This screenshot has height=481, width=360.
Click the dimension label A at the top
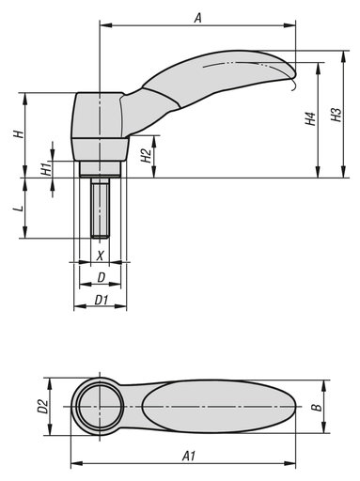click(197, 17)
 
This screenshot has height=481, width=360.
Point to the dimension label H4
click(309, 120)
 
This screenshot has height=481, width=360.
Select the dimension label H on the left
click(17, 134)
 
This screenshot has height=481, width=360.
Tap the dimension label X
click(101, 255)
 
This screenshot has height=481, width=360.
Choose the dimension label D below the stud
click(101, 277)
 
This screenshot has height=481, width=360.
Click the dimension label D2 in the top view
click(41, 406)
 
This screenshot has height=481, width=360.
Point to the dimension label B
click(318, 406)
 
